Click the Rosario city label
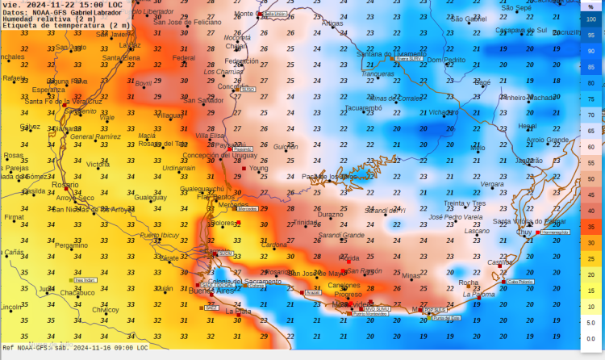coord(65,185)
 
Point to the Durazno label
coord(330,215)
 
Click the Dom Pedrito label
coord(446,60)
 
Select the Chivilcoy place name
coord(105,309)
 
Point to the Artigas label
coord(332,23)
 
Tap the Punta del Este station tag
coord(446,318)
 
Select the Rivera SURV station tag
coord(409,59)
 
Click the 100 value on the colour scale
coord(591,19)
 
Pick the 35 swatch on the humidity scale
coord(591,228)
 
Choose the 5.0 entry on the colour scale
coord(591,323)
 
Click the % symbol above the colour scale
coord(590,7)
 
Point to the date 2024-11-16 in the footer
coord(89,348)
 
